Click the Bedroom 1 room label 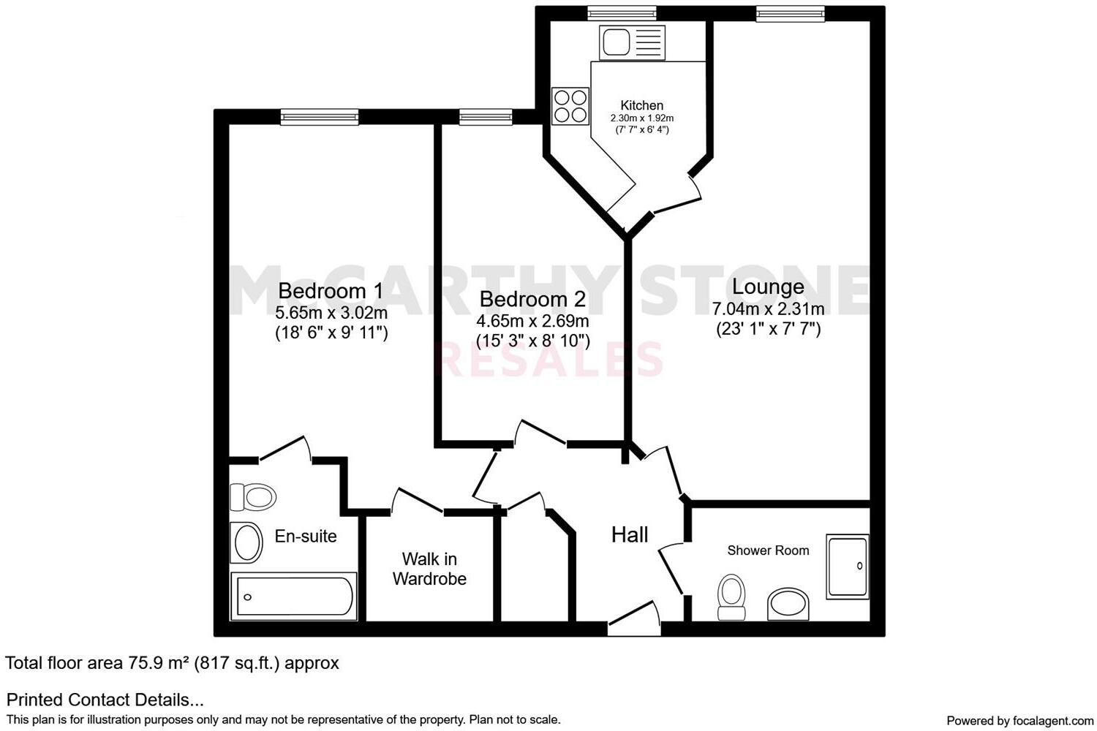click(x=331, y=291)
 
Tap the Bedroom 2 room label click(x=532, y=299)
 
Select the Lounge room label click(x=768, y=287)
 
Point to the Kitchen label click(x=641, y=105)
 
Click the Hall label click(x=629, y=535)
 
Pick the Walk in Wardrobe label click(x=429, y=569)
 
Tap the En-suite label click(x=306, y=536)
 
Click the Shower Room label click(x=768, y=550)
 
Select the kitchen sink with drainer click(x=632, y=42)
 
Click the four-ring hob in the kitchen click(x=570, y=106)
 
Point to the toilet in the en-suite click(x=253, y=498)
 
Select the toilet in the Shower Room click(x=731, y=595)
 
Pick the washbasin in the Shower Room click(x=788, y=604)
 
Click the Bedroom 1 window click(x=320, y=117)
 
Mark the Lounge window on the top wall click(x=791, y=13)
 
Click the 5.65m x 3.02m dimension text click(x=331, y=313)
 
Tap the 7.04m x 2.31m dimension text click(x=768, y=308)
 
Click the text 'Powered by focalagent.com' click(x=1019, y=720)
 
